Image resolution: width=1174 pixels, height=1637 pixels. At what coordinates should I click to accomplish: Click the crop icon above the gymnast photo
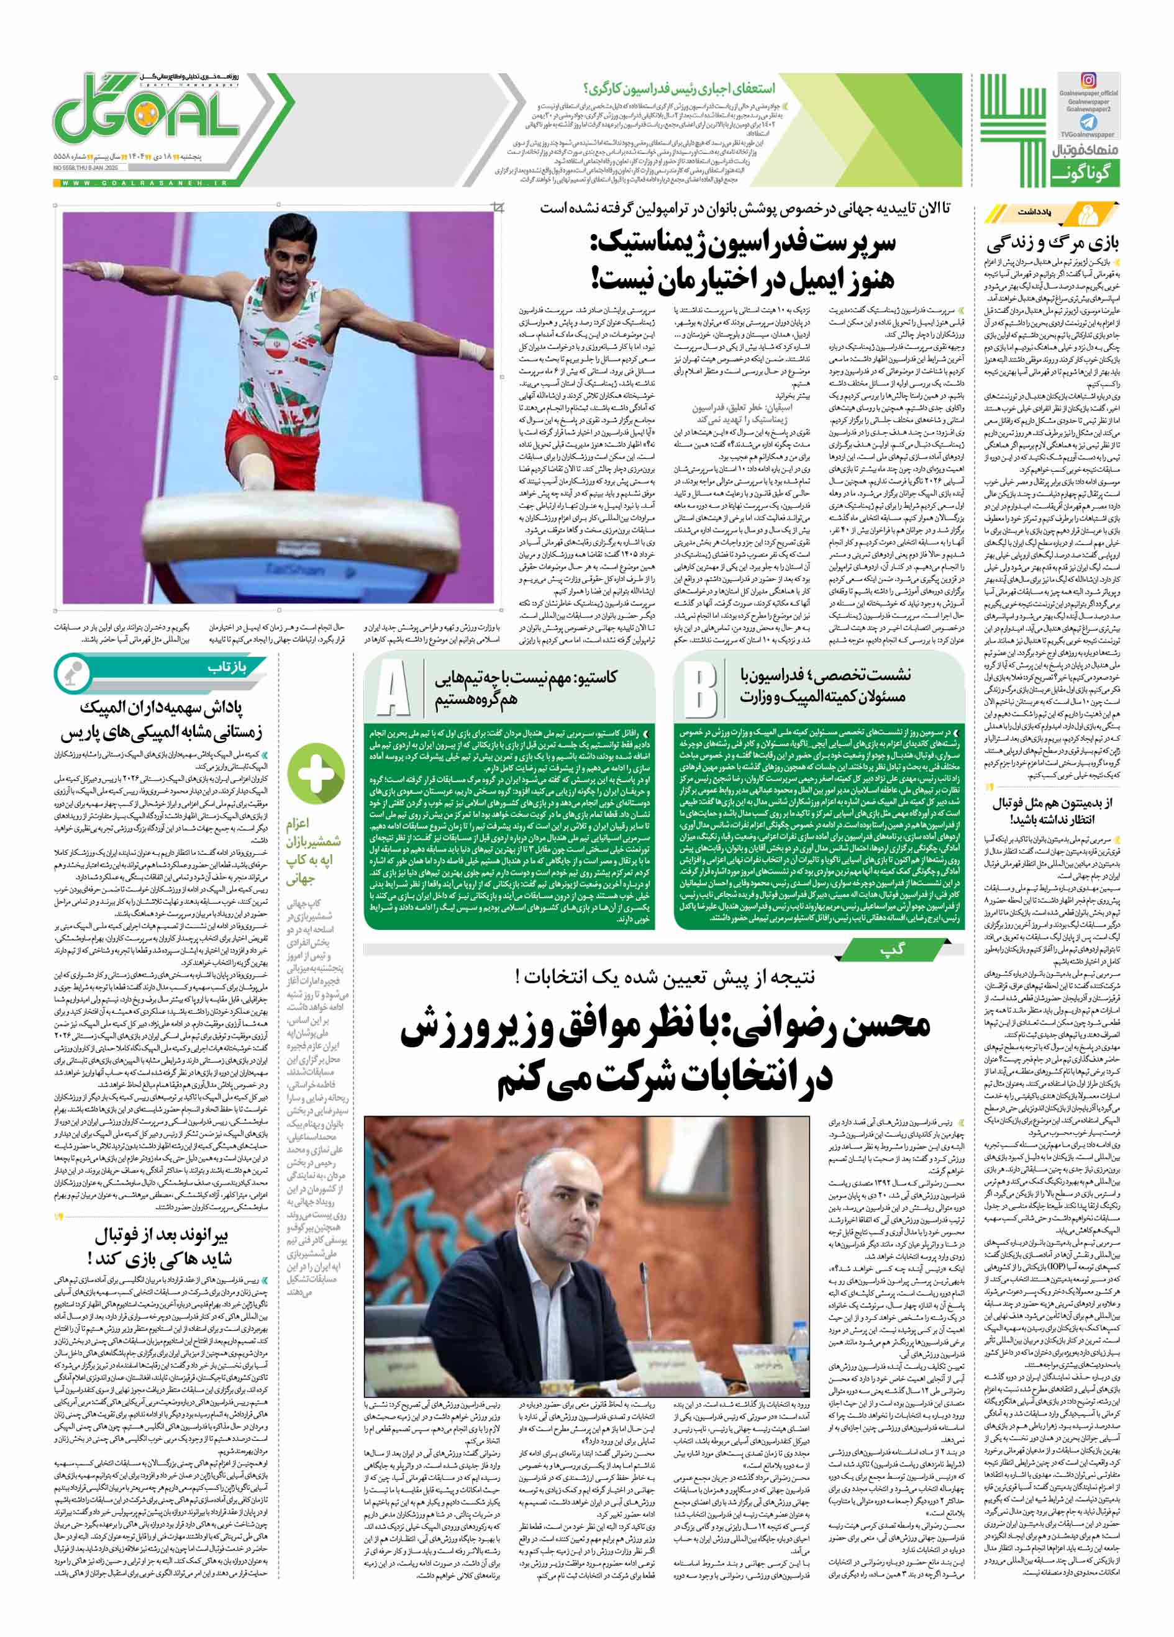click(x=498, y=209)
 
